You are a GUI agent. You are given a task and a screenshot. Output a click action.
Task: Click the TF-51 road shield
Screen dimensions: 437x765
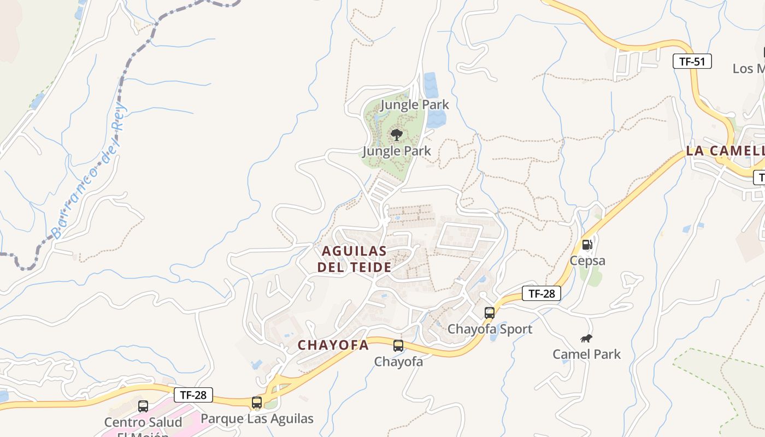tap(692, 61)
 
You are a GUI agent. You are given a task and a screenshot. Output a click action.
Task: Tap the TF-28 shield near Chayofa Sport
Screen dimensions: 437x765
tap(541, 293)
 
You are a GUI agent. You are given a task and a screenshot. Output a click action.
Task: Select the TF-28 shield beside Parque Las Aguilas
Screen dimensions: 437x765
tap(193, 395)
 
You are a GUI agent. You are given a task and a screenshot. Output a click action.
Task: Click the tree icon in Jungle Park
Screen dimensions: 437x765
tap(397, 134)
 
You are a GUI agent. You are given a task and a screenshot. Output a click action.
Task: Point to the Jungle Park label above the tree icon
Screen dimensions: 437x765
tap(414, 104)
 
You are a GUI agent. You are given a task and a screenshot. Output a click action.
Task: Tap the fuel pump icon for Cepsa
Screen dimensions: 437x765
tap(587, 245)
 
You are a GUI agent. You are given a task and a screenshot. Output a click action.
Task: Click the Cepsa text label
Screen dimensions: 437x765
tap(587, 261)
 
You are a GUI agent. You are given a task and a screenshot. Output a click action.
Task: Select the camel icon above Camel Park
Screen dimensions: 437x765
tap(587, 339)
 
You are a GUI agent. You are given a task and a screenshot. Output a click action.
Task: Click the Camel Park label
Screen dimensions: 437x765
tap(586, 354)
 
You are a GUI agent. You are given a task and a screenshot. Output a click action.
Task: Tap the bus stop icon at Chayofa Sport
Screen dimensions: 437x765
tap(490, 313)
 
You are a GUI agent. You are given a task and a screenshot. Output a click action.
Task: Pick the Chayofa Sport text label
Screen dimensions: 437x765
tap(490, 329)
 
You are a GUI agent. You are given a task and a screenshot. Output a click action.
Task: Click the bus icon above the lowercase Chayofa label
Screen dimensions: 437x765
tap(398, 345)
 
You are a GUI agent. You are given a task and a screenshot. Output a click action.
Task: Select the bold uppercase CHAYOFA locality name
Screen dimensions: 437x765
tap(333, 345)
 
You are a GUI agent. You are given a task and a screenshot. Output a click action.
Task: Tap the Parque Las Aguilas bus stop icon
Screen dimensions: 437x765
tap(257, 403)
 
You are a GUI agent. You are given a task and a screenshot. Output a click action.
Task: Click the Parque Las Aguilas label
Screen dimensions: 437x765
tap(257, 418)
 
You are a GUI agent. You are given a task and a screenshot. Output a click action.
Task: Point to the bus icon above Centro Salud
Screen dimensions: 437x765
tap(143, 406)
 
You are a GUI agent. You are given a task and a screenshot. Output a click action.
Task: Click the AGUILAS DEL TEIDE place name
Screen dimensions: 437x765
tap(355, 259)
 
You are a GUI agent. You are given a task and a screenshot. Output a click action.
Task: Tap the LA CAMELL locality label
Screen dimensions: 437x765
tap(725, 151)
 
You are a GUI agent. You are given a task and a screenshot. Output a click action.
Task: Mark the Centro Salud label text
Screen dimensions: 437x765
tap(143, 423)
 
